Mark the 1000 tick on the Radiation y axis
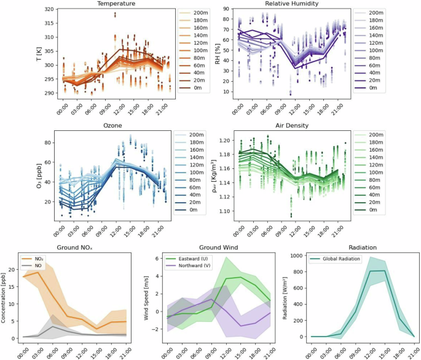(x=297, y=256)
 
